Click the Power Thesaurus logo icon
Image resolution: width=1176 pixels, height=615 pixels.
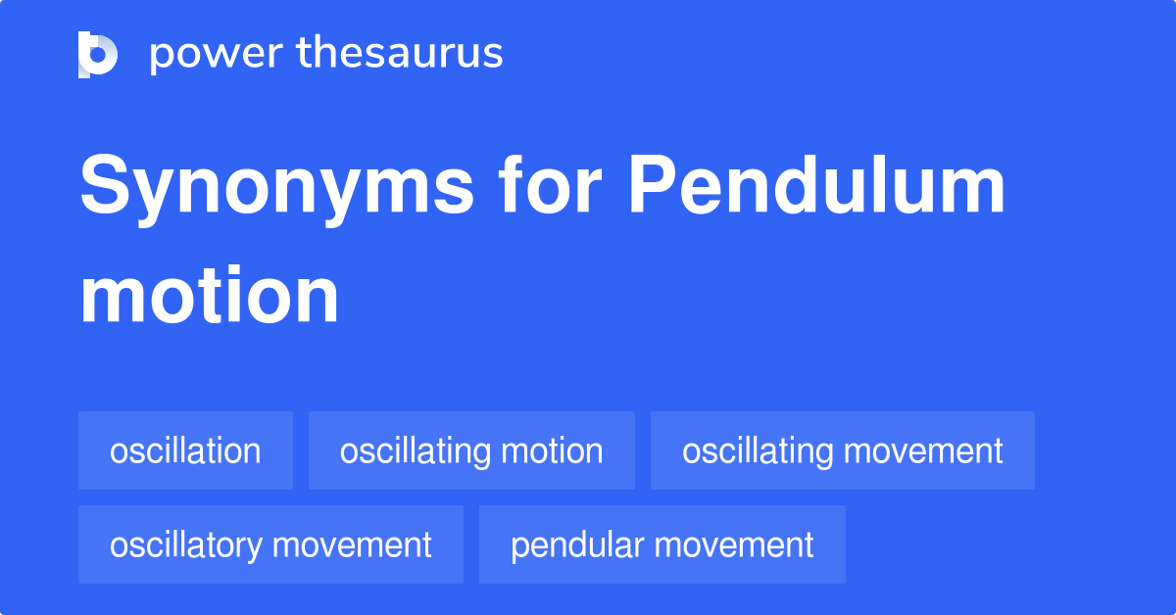tap(98, 54)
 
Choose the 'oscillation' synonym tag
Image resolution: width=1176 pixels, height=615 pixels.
tap(185, 451)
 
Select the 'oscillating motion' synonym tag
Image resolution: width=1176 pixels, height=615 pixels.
tap(471, 451)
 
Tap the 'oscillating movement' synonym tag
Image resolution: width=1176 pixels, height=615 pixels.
tap(842, 451)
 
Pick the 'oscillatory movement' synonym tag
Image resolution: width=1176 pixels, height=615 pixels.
tap(270, 545)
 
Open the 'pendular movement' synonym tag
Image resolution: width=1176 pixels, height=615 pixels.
tap(661, 545)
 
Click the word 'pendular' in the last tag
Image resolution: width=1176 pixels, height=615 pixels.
tap(572, 545)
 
